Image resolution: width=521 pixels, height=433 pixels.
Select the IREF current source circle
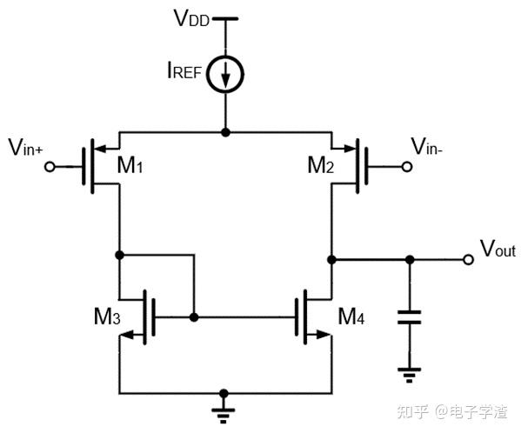(x=225, y=77)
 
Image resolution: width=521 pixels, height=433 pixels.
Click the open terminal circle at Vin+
(x=50, y=165)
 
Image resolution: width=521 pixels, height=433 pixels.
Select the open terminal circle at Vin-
(x=404, y=165)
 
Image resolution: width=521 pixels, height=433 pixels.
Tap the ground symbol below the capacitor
(x=410, y=375)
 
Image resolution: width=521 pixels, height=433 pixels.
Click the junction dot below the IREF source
(x=225, y=132)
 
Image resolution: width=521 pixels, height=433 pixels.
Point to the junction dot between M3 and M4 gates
(x=195, y=318)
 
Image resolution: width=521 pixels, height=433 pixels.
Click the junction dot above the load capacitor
(x=410, y=259)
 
